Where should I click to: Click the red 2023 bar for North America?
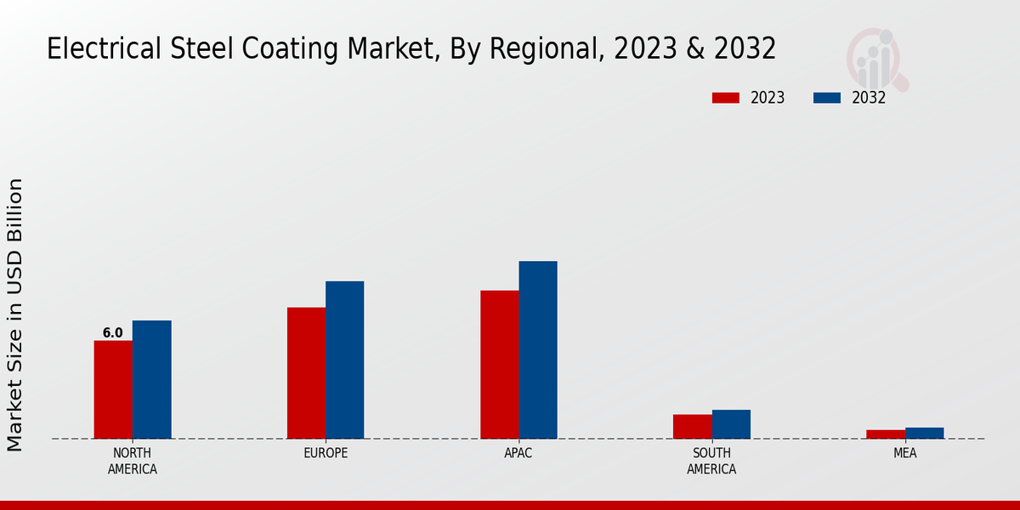click(x=113, y=389)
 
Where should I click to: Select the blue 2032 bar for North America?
click(x=151, y=379)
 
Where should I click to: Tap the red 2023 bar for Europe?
click(x=306, y=373)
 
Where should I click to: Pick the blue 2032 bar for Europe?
click(x=344, y=360)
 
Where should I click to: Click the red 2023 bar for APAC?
click(x=499, y=365)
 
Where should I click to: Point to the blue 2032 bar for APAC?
click(x=538, y=349)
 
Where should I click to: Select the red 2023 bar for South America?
click(x=692, y=427)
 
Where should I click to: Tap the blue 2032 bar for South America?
click(x=731, y=424)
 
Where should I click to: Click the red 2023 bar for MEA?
click(x=886, y=434)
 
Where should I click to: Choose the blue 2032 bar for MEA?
click(x=924, y=433)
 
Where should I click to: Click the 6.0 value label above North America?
click(x=113, y=333)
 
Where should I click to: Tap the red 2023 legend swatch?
click(x=726, y=98)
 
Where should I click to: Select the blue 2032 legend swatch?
click(x=826, y=98)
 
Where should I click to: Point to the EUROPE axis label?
click(x=326, y=453)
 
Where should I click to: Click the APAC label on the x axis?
click(x=518, y=453)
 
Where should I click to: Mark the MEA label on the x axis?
click(x=904, y=453)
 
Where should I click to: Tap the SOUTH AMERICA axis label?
click(x=711, y=461)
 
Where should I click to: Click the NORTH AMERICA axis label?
click(x=133, y=461)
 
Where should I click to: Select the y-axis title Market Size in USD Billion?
click(x=15, y=314)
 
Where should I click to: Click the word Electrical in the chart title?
click(x=93, y=49)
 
